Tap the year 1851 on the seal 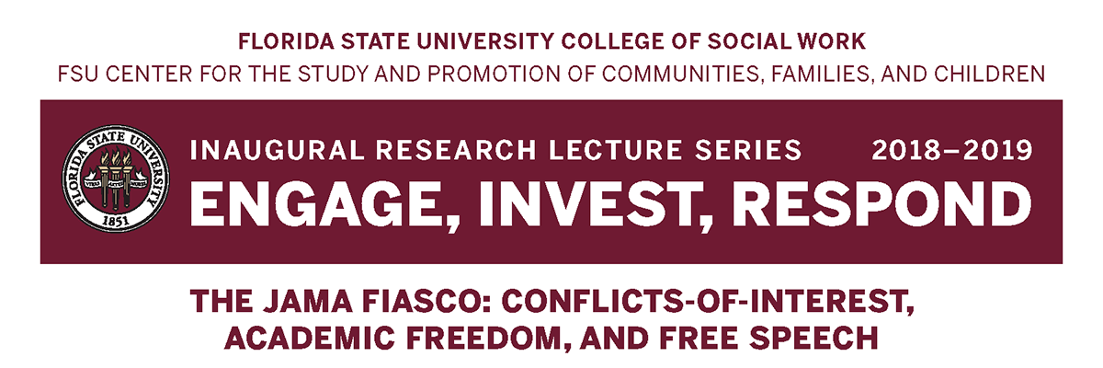coord(116,221)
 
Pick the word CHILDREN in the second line coord(988,72)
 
